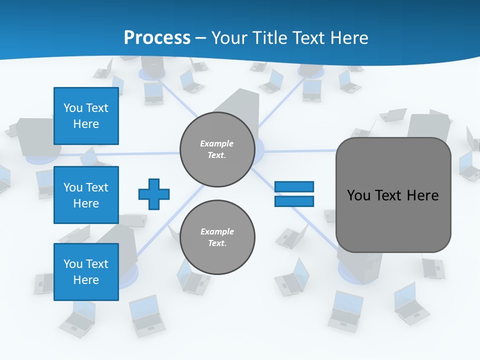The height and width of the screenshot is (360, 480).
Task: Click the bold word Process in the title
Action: [x=157, y=38]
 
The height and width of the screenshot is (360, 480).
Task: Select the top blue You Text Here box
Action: [x=86, y=115]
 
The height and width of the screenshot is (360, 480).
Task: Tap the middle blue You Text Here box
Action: [x=86, y=195]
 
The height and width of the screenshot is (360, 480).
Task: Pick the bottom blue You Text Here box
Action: [x=86, y=272]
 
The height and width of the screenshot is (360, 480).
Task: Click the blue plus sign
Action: [x=154, y=194]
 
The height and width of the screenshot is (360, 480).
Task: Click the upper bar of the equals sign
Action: [x=294, y=186]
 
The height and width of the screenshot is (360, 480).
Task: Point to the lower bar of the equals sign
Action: [x=294, y=201]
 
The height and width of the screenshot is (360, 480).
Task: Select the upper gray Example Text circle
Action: [x=217, y=149]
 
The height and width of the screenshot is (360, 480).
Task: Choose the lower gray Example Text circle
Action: [x=217, y=237]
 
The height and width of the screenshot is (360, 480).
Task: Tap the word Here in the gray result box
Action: [x=422, y=195]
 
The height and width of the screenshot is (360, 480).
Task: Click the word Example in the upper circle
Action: [x=216, y=143]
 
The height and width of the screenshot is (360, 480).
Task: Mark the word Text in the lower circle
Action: [x=216, y=243]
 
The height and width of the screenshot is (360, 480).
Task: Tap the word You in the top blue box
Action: [x=73, y=108]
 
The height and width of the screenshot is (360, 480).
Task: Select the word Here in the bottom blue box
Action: [x=86, y=280]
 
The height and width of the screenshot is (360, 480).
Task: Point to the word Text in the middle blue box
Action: [x=97, y=187]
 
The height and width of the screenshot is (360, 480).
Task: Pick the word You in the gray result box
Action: [x=358, y=195]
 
